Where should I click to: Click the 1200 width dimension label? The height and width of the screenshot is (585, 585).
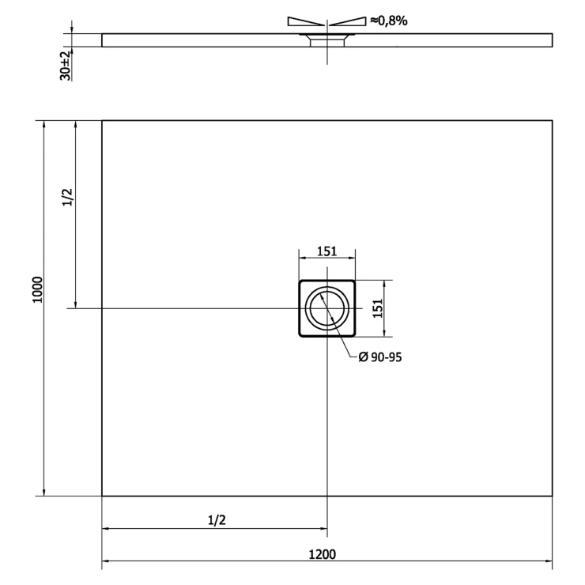323,554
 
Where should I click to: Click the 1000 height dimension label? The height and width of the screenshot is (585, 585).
38,290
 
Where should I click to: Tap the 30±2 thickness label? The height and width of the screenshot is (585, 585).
66,66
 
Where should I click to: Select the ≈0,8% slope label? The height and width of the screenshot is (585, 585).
389,21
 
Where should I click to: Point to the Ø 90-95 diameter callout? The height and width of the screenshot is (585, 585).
379,357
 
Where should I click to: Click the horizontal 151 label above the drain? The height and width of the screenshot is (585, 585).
326,251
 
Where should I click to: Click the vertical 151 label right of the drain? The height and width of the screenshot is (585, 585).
378,308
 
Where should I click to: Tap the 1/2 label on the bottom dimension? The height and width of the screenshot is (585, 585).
217,519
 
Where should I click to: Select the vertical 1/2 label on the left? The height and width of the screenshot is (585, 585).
68,197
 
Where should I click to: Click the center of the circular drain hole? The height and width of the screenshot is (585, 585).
327,308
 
